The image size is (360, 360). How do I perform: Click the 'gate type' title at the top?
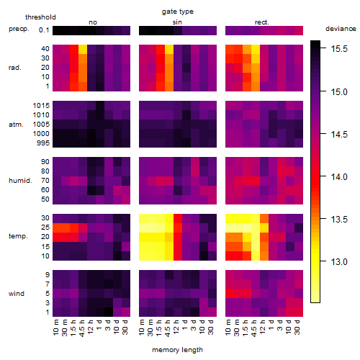point(178,12)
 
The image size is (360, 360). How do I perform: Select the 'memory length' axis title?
point(177,350)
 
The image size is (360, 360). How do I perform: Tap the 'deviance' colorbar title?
point(341,29)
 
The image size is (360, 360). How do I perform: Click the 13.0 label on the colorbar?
point(339,261)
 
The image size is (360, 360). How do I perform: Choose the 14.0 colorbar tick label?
point(339,177)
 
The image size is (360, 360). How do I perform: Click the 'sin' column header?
point(177,22)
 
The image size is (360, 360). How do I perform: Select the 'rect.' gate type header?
point(262,22)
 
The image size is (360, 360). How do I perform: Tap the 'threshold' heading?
point(40,17)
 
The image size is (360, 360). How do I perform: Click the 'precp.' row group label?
point(19,29)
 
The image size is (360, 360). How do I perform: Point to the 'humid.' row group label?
point(20,181)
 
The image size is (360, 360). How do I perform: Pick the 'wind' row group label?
point(17,294)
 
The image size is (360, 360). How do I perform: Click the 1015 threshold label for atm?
point(41,106)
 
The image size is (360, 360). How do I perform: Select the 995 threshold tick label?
point(43,143)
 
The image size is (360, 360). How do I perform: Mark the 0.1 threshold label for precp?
point(44,30)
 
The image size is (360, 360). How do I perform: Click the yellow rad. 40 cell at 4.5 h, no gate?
point(83,49)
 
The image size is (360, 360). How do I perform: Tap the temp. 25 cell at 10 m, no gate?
point(57,228)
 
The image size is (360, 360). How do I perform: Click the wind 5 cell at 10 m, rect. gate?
point(230,294)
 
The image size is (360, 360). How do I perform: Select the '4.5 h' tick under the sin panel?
point(168,328)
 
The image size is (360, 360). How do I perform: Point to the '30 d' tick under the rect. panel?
point(297,327)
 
